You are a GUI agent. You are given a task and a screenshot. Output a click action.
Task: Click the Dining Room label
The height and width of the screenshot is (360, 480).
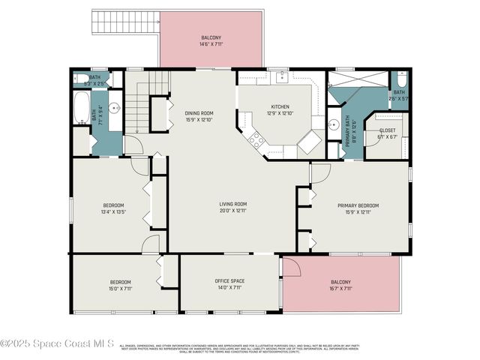[199, 113]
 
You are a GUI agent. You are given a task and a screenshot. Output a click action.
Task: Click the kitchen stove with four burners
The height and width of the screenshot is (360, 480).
[256, 139]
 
